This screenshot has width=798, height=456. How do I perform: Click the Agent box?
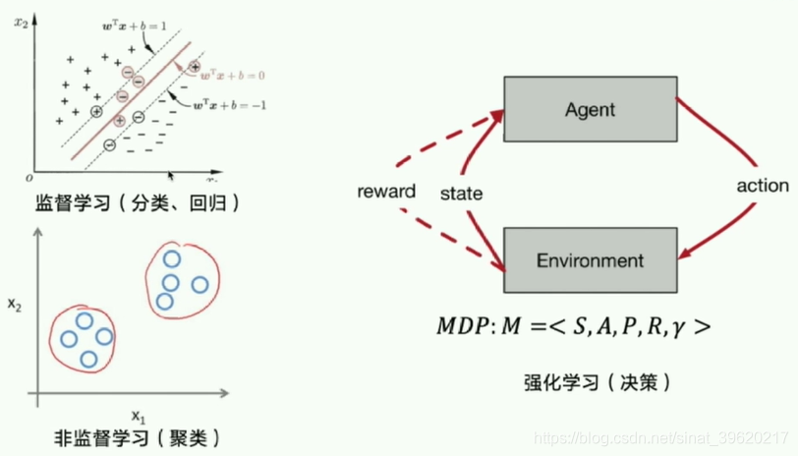click(589, 109)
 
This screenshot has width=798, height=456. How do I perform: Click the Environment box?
click(589, 260)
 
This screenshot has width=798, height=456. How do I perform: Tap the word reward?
click(386, 191)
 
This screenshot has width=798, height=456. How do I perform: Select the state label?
click(461, 194)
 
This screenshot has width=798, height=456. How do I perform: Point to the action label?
click(763, 185)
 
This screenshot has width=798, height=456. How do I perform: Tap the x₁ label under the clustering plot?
click(137, 413)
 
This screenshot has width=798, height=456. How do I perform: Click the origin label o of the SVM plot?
click(29, 178)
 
